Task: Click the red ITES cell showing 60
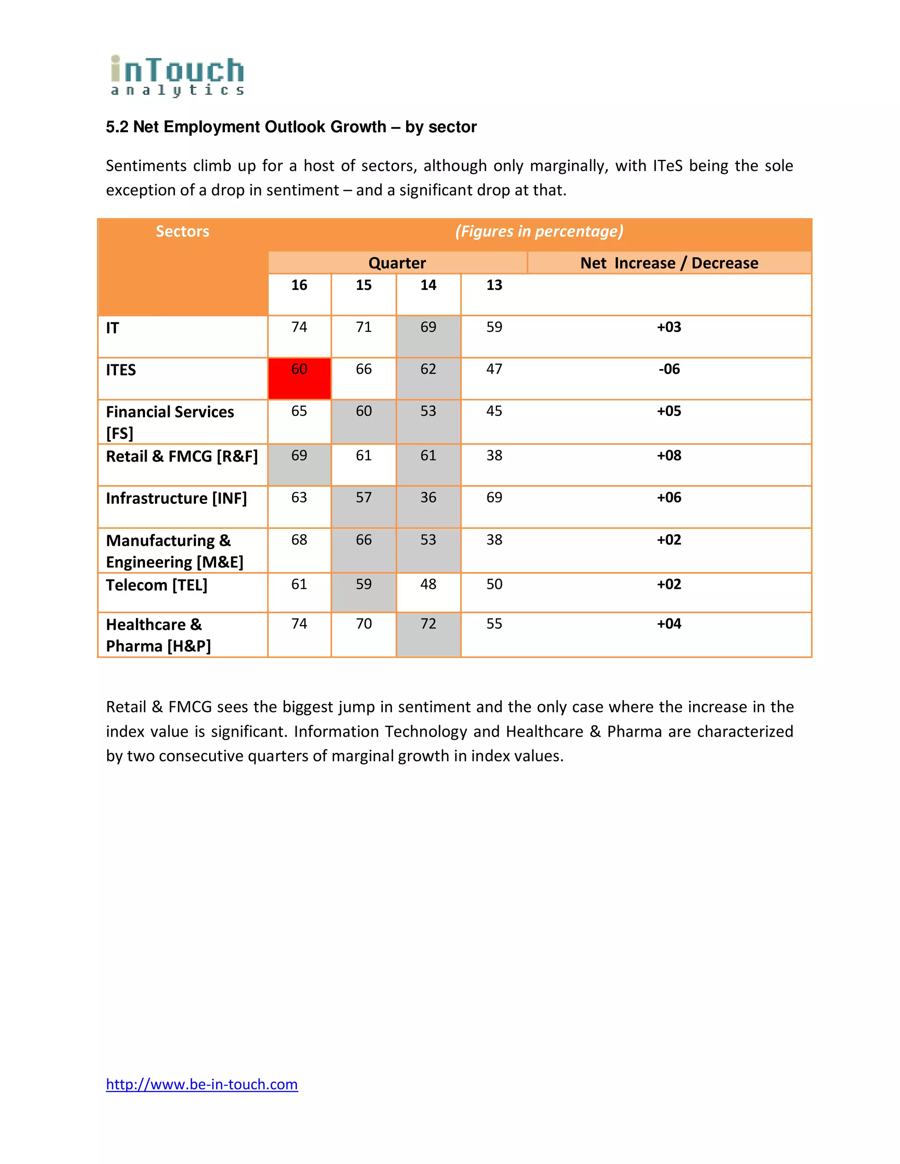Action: (x=299, y=378)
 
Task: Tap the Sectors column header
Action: (x=182, y=231)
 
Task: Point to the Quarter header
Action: (x=397, y=263)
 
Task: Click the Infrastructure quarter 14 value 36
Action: (x=428, y=497)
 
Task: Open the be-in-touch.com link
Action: (x=202, y=1084)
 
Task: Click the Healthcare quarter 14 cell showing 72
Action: (x=428, y=624)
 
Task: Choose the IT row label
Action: (x=112, y=328)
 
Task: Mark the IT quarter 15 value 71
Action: (x=363, y=327)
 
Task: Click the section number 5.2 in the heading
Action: (x=117, y=127)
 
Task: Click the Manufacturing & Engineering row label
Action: (x=174, y=551)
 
